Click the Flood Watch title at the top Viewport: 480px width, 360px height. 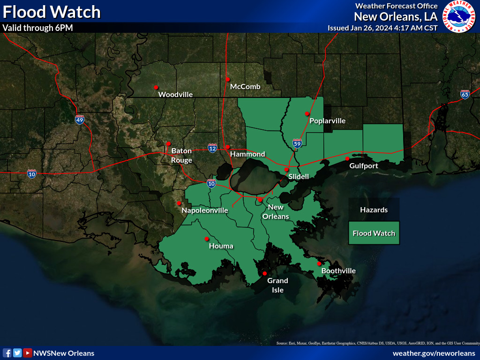(52, 12)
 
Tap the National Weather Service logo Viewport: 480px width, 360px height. (460, 16)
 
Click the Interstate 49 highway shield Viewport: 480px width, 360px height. (80, 120)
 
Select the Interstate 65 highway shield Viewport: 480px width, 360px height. (465, 95)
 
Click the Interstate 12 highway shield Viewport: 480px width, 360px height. (212, 148)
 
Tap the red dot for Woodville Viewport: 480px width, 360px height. (156, 87)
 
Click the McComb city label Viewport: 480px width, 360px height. (245, 87)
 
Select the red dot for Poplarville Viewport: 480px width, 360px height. (307, 113)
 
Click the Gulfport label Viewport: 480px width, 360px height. (364, 166)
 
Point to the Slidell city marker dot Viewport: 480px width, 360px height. (286, 170)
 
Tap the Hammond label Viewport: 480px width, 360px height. (247, 154)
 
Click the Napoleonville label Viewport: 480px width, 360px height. (204, 210)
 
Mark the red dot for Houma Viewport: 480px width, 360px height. (206, 239)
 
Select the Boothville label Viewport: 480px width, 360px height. (338, 271)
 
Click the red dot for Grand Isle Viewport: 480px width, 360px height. (264, 273)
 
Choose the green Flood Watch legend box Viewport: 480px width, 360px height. (374, 233)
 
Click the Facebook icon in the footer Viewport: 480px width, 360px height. (7, 353)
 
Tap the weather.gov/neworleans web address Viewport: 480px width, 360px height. (433, 353)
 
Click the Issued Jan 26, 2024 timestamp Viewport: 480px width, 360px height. (382, 28)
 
